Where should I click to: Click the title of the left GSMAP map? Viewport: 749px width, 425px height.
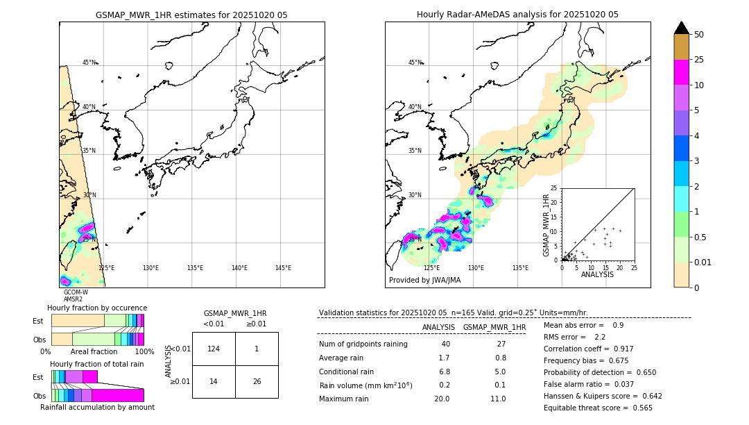tap(191, 15)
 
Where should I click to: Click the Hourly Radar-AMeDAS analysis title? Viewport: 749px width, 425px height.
tap(517, 15)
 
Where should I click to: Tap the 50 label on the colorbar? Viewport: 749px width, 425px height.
tap(699, 35)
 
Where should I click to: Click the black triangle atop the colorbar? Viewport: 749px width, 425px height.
tap(682, 28)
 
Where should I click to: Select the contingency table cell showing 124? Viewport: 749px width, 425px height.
tap(214, 349)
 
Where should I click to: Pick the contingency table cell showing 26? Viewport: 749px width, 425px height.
tap(257, 381)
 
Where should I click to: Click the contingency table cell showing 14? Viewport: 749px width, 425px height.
tap(214, 381)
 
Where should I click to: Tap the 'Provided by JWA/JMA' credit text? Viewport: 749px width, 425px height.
tap(424, 281)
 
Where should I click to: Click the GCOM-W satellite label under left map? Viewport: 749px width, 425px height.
tap(76, 292)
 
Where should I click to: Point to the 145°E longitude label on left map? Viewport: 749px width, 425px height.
tap(283, 268)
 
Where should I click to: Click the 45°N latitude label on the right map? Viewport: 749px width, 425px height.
tap(415, 62)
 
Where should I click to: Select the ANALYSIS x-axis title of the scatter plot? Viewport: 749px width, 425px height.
tap(597, 274)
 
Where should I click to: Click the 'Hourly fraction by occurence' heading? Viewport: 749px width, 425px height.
tap(97, 308)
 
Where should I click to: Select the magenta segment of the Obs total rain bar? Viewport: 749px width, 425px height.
tap(117, 395)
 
